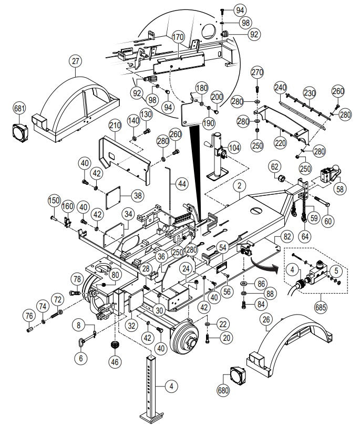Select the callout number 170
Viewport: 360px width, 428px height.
(x=178, y=37)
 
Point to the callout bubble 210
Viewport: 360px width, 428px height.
(x=116, y=126)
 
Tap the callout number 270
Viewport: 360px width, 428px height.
(x=256, y=72)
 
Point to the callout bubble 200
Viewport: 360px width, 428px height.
(x=217, y=98)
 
